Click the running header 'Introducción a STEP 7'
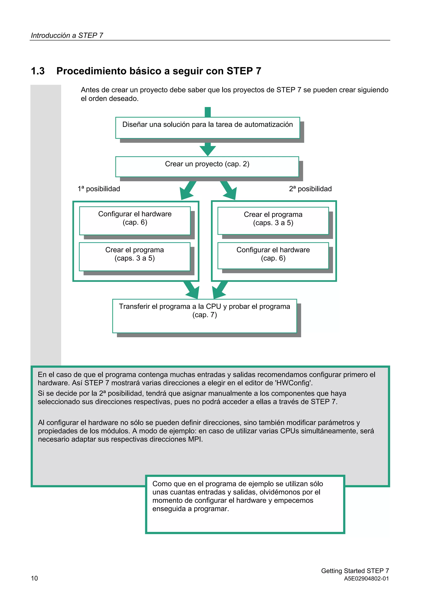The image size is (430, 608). [67, 35]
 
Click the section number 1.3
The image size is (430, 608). [38, 71]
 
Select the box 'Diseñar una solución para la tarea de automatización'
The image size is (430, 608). [207, 128]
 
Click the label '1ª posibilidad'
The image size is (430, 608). [99, 189]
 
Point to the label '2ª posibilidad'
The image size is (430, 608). [310, 189]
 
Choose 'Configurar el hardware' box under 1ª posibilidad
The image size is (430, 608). [135, 220]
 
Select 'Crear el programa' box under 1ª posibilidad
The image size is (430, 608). [135, 256]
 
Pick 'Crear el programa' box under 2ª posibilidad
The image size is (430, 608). [273, 221]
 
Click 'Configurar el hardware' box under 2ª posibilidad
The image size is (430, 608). [273, 256]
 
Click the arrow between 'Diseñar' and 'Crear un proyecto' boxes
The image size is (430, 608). [208, 149]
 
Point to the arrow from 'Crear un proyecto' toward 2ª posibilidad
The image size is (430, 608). [228, 190]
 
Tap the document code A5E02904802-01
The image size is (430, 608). [366, 579]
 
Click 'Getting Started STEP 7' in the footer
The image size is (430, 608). [355, 571]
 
